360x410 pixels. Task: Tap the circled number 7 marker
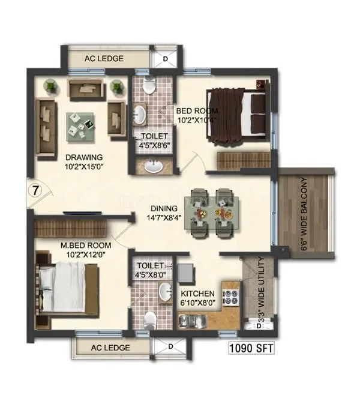click(35, 193)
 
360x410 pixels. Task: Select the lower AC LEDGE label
click(109, 348)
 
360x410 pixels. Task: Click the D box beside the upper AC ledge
click(166, 59)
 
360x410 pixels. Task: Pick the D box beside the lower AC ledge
click(170, 347)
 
